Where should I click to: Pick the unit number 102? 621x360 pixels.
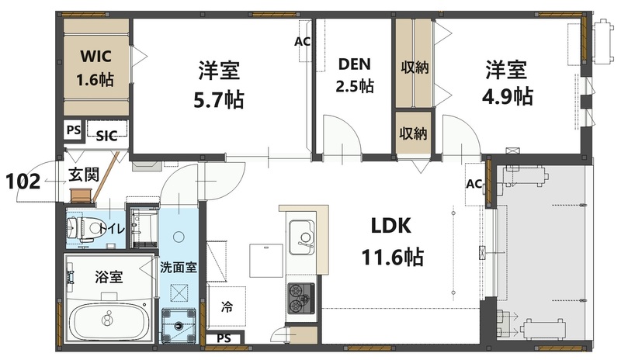click(23, 181)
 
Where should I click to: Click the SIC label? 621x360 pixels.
click(106, 134)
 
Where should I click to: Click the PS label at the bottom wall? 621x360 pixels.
click(224, 338)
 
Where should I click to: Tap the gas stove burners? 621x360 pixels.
click(301, 298)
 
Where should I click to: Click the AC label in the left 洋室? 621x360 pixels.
click(302, 41)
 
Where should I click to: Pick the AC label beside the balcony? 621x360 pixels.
click(474, 184)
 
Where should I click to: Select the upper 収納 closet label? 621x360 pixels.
click(415, 67)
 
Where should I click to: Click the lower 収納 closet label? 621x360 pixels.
click(414, 133)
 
